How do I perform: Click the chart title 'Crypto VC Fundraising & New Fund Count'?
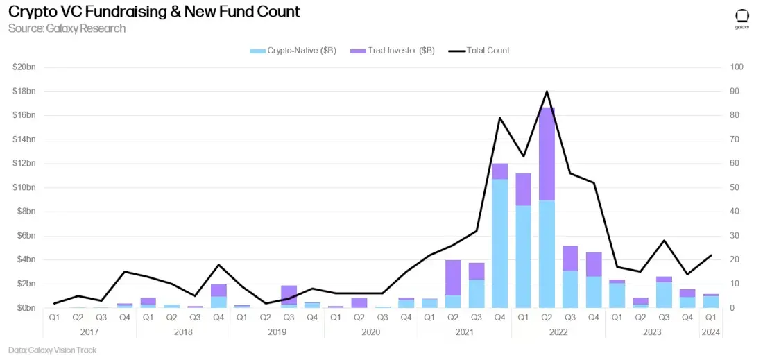point(154,11)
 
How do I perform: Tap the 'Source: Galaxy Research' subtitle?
point(67,28)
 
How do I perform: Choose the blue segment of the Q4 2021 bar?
point(500,243)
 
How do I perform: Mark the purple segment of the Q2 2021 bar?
point(453,277)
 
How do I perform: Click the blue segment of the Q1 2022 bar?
point(523,257)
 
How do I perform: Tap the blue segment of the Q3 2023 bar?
point(664,295)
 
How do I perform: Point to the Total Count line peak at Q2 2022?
point(547,92)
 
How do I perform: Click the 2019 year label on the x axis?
point(277,332)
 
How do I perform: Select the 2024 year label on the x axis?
point(711,332)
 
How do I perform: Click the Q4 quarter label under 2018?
point(218,318)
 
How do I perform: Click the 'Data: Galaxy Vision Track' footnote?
point(53,350)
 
